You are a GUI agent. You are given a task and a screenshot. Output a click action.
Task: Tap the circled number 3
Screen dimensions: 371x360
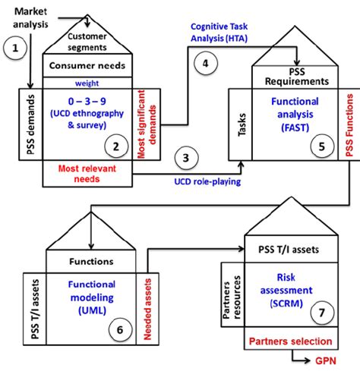coord(185,158)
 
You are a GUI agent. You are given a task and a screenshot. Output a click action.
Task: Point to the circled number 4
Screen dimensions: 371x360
coord(204,64)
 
